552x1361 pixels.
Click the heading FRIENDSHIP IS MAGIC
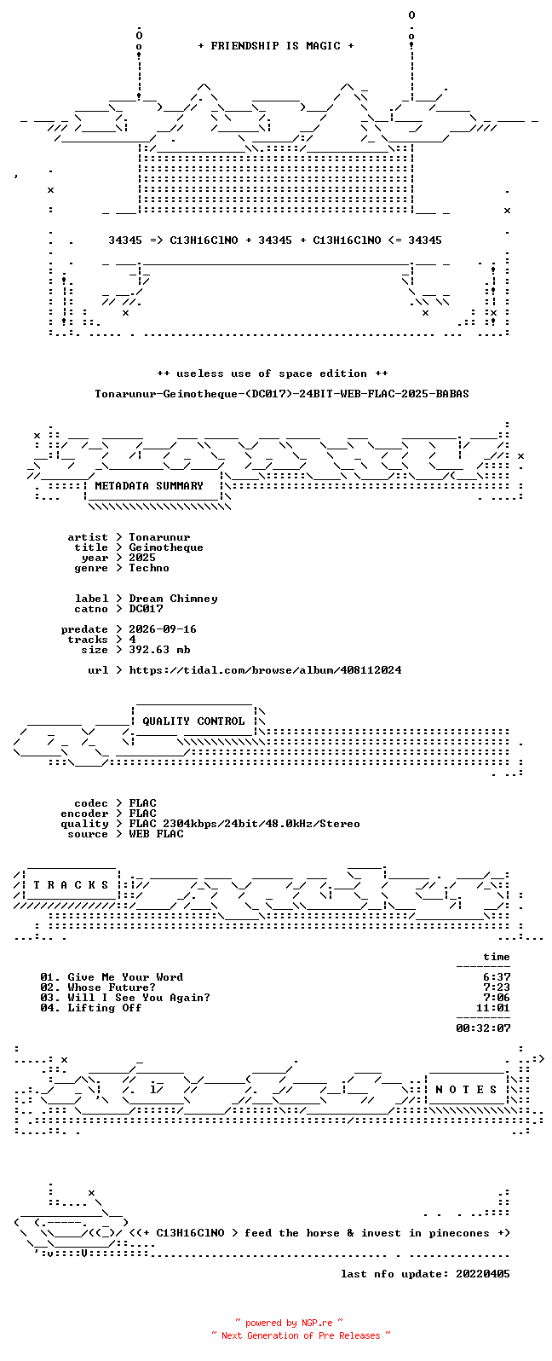coord(276,45)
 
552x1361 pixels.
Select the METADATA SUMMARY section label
coord(149,485)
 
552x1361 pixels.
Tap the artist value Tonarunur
coord(159,537)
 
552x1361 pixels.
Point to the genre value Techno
coord(149,567)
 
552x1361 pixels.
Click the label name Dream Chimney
coord(173,599)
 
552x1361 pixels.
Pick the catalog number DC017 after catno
coord(146,608)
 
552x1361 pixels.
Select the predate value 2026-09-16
coord(163,628)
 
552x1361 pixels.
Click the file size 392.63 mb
coord(159,650)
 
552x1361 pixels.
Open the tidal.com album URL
coord(266,669)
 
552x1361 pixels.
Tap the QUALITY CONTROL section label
coord(193,721)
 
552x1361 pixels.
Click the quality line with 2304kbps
coord(244,823)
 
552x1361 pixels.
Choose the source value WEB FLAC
coord(156,834)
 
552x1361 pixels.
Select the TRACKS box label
coord(71,884)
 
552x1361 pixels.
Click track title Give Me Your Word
coord(125,977)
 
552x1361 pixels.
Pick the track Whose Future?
coord(112,987)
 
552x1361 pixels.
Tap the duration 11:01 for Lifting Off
coord(493,1008)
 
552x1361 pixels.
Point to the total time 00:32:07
coord(483,1028)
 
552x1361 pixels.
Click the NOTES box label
coord(466,1090)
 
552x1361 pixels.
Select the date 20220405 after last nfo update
coord(483,1273)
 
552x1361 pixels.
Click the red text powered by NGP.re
coord(289,1323)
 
